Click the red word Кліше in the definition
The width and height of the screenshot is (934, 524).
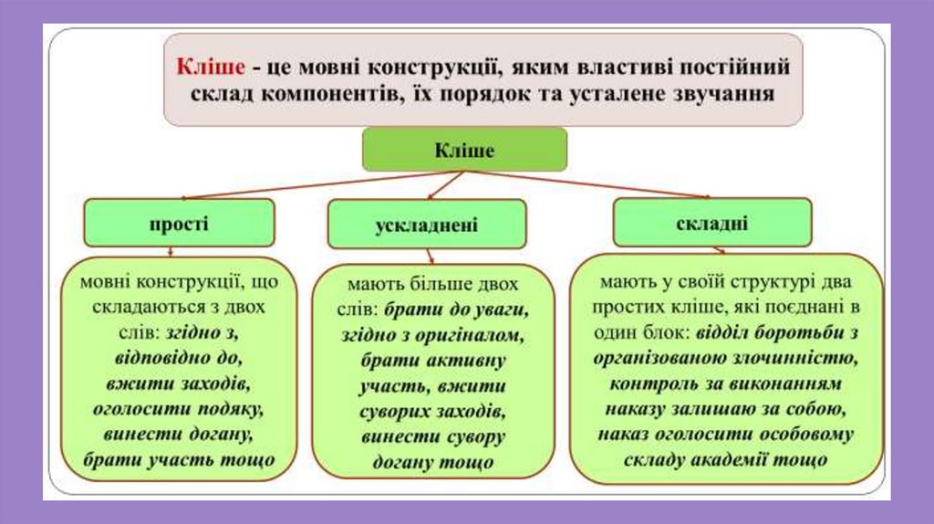click(210, 67)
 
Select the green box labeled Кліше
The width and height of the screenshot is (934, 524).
click(464, 150)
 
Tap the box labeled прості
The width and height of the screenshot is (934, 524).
click(179, 223)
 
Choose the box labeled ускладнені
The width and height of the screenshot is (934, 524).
click(427, 225)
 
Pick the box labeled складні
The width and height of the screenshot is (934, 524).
click(712, 223)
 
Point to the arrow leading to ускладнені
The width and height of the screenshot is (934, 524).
click(444, 184)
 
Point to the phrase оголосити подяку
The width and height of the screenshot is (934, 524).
click(178, 407)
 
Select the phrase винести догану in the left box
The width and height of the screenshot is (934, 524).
click(179, 433)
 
